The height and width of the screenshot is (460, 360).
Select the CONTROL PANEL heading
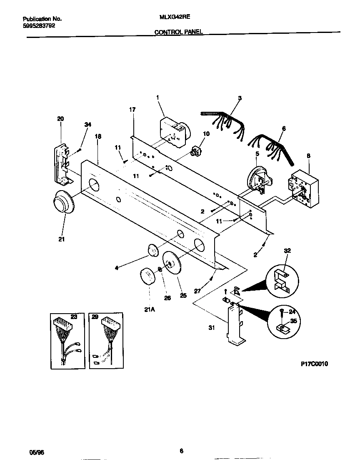click(x=179, y=32)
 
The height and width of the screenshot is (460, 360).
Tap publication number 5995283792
click(x=38, y=25)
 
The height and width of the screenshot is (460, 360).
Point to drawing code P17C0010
click(x=314, y=364)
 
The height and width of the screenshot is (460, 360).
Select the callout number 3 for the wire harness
click(x=240, y=98)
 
